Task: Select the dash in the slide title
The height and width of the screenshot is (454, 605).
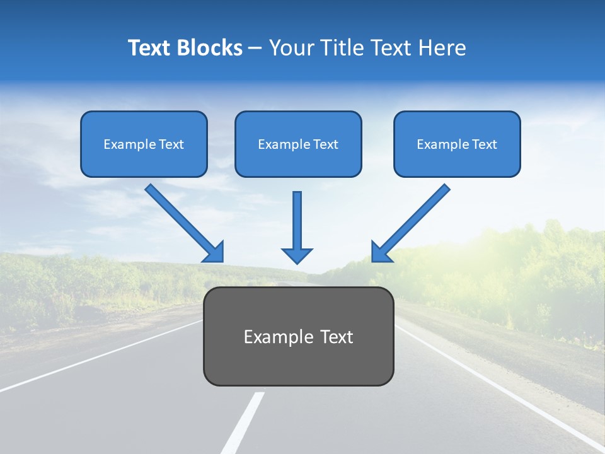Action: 255,49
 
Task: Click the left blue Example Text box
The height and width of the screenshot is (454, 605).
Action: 144,144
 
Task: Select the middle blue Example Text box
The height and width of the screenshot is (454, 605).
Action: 298,144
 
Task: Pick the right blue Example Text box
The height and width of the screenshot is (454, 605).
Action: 457,144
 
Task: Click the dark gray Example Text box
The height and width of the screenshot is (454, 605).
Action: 298,336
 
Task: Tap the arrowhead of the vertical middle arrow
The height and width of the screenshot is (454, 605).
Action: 297,255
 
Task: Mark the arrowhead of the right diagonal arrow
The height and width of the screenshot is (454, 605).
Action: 381,252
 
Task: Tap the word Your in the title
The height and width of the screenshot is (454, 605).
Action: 290,48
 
